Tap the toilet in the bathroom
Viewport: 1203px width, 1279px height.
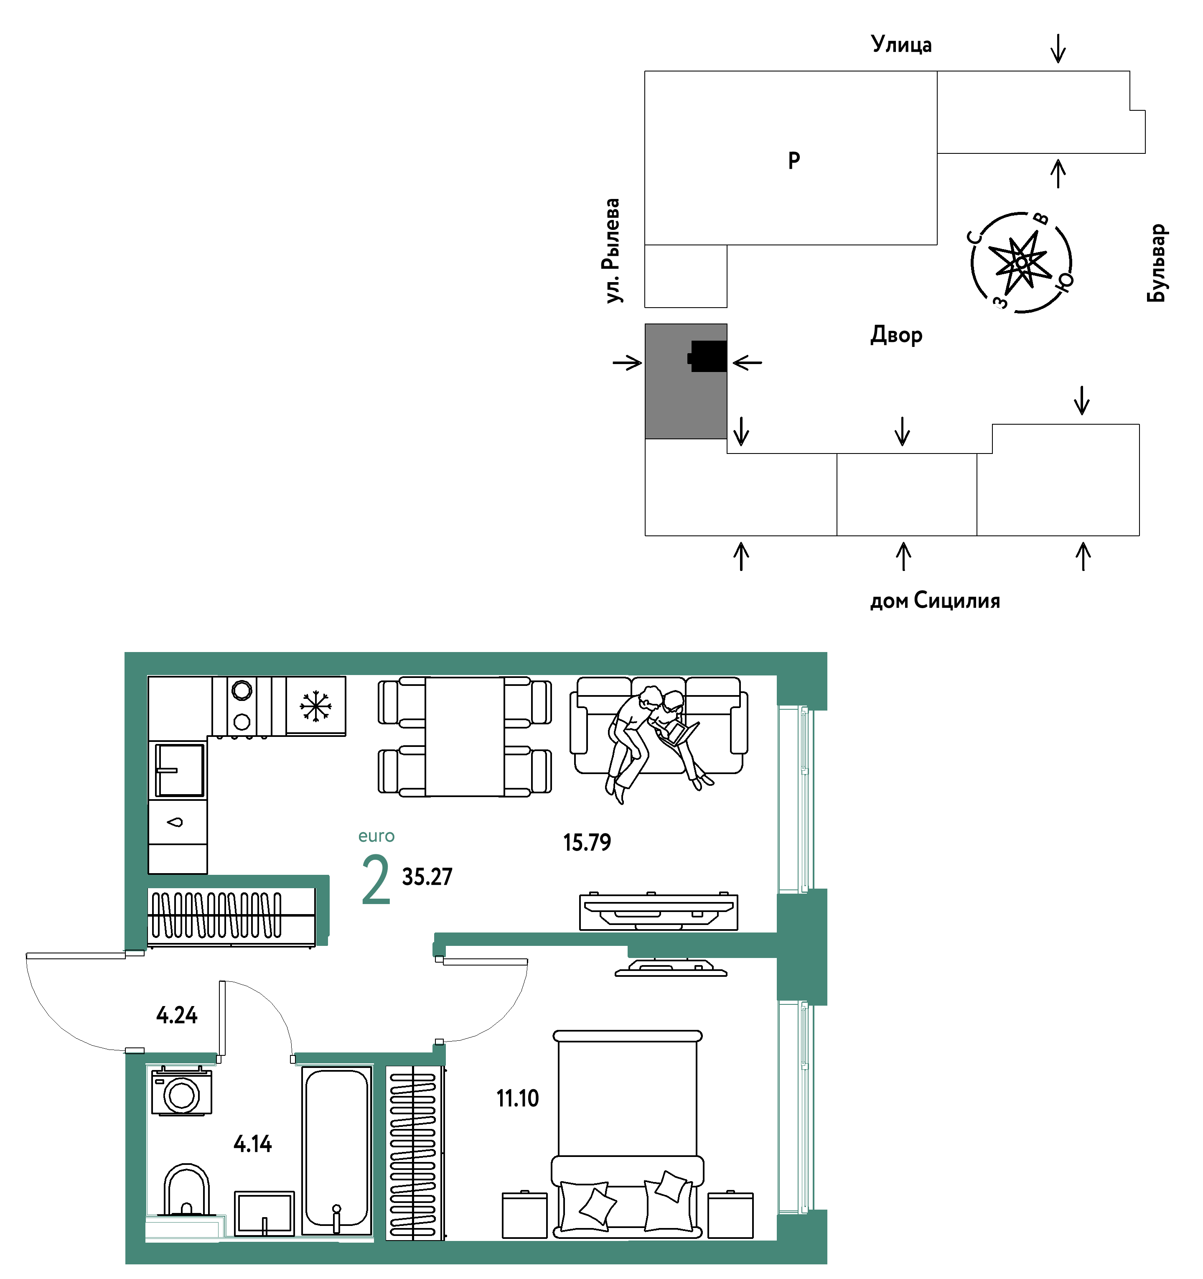click(186, 1190)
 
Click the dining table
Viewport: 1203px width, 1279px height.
click(465, 736)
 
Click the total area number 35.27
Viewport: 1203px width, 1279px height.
click(427, 876)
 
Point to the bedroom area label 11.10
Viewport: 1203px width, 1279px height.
click(517, 1098)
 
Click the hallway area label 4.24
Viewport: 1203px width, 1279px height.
click(177, 1015)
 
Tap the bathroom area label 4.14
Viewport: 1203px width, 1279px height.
click(253, 1144)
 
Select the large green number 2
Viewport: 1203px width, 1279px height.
click(376, 879)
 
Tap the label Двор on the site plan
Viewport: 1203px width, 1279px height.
click(896, 335)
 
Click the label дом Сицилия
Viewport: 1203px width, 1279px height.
click(935, 601)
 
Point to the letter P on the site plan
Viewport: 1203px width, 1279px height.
click(794, 160)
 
